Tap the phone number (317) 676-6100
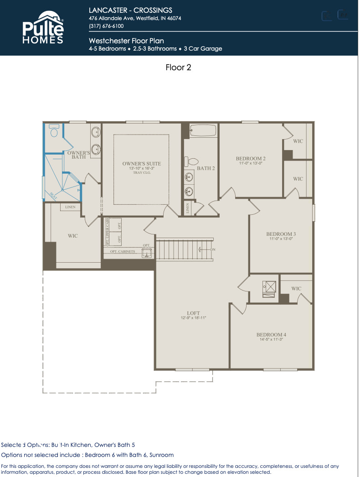coord(106,26)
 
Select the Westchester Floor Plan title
coord(126,41)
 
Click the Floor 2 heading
coord(178,67)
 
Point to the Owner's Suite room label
coord(141,164)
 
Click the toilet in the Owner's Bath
coord(55,132)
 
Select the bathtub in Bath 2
coord(202,130)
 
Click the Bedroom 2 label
coord(251,159)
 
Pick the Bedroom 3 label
coord(281,234)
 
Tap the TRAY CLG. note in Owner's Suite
coord(141,173)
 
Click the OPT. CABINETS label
coord(122,252)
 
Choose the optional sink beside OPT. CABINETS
coord(147,254)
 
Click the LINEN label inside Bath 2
coord(188,208)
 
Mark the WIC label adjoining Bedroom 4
coord(296,289)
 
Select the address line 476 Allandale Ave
coord(135,18)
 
